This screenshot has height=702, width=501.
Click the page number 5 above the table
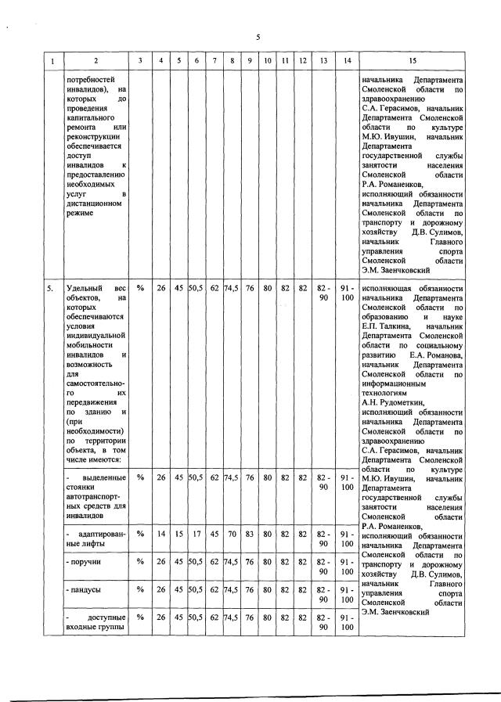click(x=257, y=37)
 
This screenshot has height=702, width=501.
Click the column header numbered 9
click(x=249, y=61)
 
